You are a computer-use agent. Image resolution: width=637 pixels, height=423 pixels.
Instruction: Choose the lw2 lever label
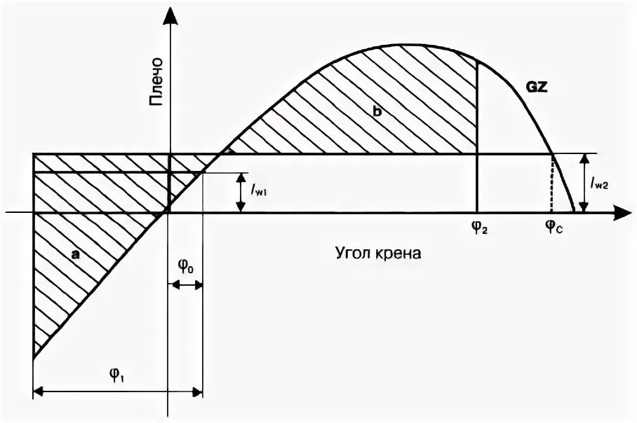(600, 183)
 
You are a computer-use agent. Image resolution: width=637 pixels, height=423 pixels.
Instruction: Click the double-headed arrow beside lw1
(240, 192)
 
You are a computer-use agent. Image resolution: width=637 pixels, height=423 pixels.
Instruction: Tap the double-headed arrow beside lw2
(584, 183)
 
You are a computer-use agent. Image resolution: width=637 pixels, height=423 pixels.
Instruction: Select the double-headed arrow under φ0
(186, 285)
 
